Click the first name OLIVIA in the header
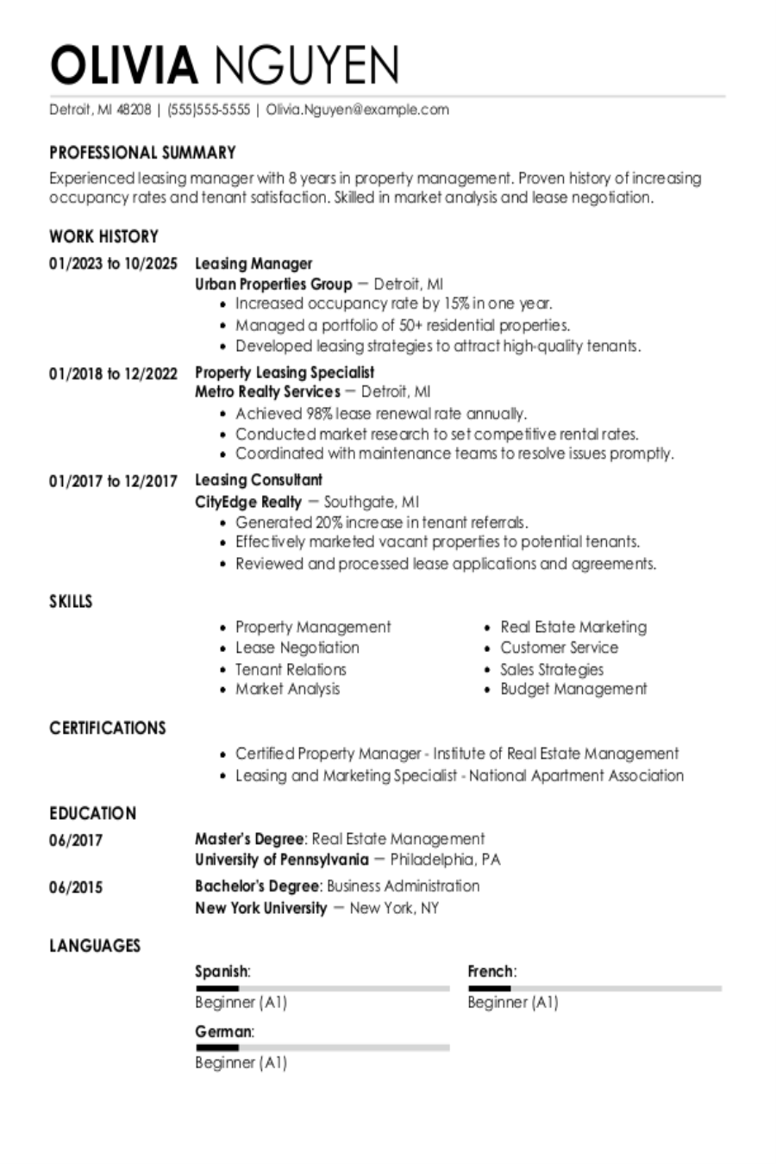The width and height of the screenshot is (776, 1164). tap(123, 65)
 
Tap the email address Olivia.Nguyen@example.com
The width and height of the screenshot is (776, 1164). tap(357, 110)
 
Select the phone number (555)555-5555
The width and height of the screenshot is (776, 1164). tap(209, 110)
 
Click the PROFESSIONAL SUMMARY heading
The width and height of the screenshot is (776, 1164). tap(142, 153)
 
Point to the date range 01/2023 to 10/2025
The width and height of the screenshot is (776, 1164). tap(113, 264)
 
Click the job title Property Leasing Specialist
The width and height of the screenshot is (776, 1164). tap(285, 372)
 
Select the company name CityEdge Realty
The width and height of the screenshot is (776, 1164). tap(248, 502)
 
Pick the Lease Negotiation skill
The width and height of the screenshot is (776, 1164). tap(297, 648)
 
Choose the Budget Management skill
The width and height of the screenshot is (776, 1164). tap(573, 689)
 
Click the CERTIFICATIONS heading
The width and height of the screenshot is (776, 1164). tap(107, 728)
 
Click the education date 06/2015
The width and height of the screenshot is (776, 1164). tap(76, 887)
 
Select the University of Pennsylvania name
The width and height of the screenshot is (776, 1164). tap(281, 860)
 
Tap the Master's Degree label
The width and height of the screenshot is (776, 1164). tap(249, 838)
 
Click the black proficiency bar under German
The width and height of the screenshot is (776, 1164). tap(216, 1048)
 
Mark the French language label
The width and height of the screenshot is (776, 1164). tap(491, 972)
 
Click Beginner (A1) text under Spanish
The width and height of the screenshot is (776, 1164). tap(241, 1002)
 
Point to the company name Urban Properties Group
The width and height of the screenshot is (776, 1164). tap(273, 284)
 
